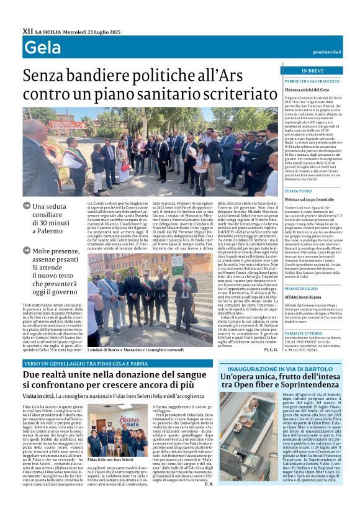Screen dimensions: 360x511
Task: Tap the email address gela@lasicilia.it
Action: point(327,52)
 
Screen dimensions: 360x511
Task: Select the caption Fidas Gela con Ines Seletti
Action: point(112,459)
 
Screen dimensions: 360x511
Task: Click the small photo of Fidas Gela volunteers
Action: point(112,433)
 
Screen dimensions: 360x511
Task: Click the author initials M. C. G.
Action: point(271,350)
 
